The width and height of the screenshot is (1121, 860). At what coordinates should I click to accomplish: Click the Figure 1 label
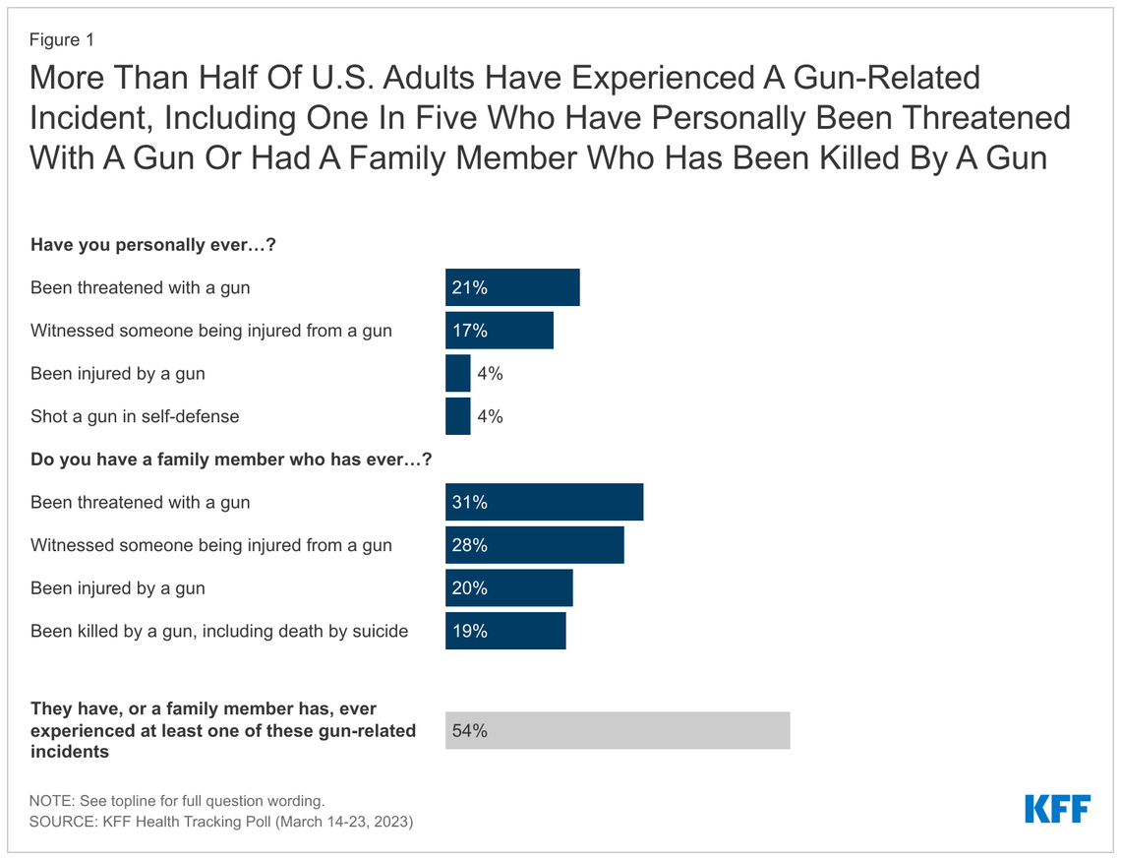(62, 40)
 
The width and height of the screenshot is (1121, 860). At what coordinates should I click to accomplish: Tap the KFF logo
(1057, 809)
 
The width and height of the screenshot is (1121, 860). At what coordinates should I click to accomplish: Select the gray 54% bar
(618, 730)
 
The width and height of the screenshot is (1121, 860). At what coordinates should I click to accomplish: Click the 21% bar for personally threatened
(512, 287)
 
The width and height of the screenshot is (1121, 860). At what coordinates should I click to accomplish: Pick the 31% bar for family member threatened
(544, 502)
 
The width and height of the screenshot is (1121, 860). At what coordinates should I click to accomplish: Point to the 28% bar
(534, 545)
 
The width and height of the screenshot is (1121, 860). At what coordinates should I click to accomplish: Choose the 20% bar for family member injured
(508, 588)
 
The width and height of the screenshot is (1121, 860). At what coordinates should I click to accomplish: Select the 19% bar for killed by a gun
(505, 631)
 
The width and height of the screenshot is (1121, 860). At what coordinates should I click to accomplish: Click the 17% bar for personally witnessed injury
(500, 331)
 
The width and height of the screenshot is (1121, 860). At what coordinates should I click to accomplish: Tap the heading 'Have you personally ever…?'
(152, 245)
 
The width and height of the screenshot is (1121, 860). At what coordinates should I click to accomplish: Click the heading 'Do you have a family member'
(231, 459)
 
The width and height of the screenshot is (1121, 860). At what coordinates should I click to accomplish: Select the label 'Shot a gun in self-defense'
(135, 416)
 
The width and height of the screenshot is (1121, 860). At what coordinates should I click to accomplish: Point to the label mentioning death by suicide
(219, 631)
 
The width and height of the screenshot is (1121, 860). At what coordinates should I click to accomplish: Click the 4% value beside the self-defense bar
(490, 416)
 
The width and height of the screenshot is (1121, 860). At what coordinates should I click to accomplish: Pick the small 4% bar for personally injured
(458, 374)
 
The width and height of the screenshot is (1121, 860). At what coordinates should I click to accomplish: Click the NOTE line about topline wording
(177, 801)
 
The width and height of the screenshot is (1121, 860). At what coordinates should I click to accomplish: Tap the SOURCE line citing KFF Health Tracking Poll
(221, 821)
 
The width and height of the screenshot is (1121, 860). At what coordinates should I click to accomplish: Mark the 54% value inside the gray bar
(469, 731)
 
